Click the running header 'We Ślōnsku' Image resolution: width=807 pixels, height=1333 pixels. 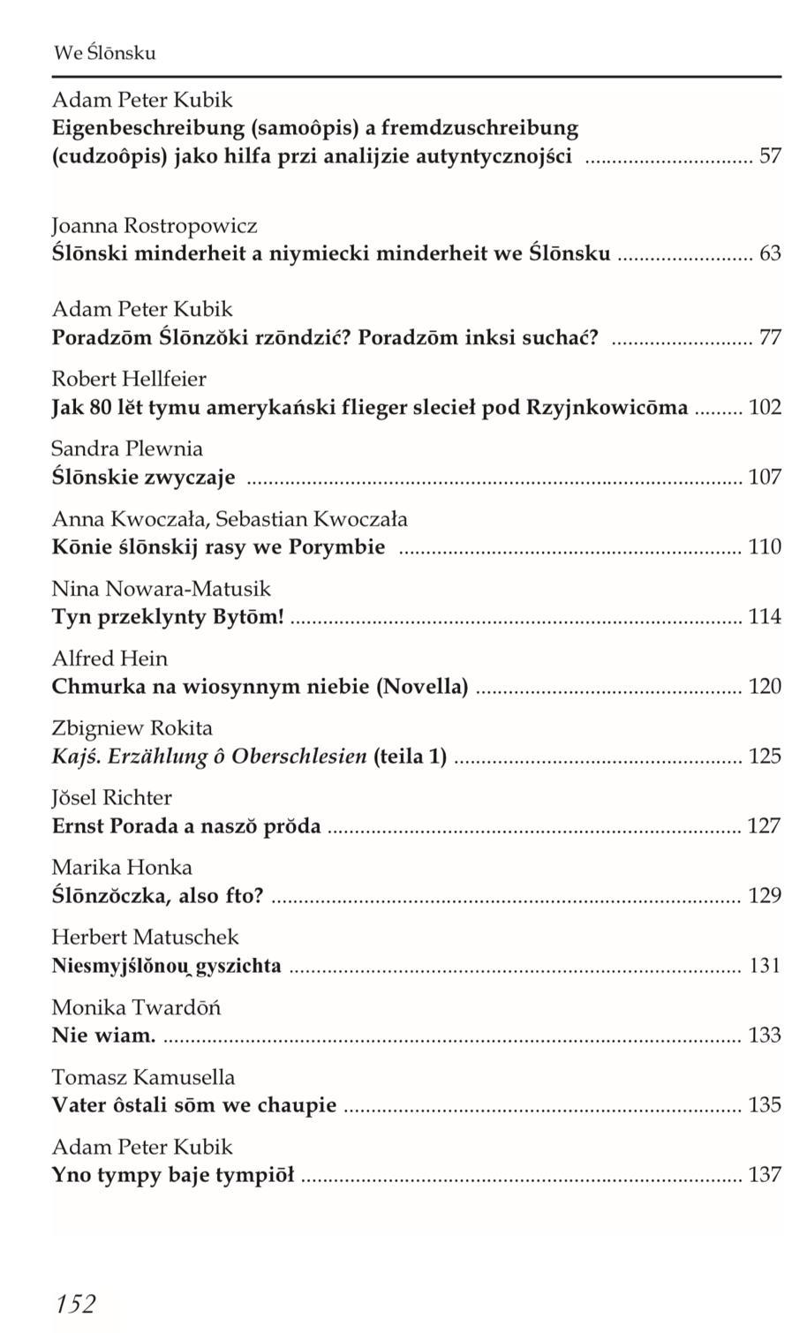pyautogui.click(x=104, y=53)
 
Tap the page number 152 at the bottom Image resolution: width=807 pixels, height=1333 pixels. pyautogui.click(x=75, y=1303)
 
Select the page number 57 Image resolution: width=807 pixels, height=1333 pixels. pyautogui.click(x=770, y=157)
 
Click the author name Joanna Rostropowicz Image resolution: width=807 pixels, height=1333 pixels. pyautogui.click(x=155, y=226)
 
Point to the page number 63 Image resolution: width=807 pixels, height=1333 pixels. pyautogui.click(x=770, y=254)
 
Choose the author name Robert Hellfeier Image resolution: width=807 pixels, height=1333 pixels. pyautogui.click(x=129, y=380)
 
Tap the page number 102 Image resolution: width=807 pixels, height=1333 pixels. pyautogui.click(x=765, y=408)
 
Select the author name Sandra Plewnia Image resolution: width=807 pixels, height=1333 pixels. pyautogui.click(x=127, y=449)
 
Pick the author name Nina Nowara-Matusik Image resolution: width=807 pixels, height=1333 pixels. pyautogui.click(x=162, y=589)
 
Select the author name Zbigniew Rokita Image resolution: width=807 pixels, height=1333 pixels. pyautogui.click(x=132, y=728)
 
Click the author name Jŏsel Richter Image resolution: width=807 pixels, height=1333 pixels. pyautogui.click(x=112, y=798)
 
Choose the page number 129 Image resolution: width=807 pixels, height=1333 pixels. pyautogui.click(x=765, y=896)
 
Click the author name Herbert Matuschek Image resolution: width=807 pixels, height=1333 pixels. pyautogui.click(x=146, y=938)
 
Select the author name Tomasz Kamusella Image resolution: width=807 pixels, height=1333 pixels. pyautogui.click(x=144, y=1078)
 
